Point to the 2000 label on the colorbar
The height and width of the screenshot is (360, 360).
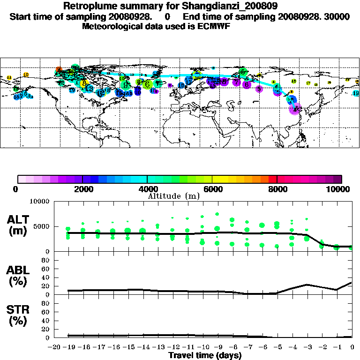point(82,189)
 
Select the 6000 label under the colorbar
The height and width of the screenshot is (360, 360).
point(212,189)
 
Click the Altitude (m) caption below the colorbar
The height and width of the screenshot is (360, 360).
point(180,196)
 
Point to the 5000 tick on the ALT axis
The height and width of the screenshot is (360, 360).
point(42,226)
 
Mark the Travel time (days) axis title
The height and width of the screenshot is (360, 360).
point(205,355)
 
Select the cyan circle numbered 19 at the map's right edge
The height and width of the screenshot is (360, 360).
point(356,93)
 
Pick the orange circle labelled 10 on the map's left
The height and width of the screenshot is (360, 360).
point(26,75)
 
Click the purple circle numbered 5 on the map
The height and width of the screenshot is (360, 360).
point(259,89)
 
